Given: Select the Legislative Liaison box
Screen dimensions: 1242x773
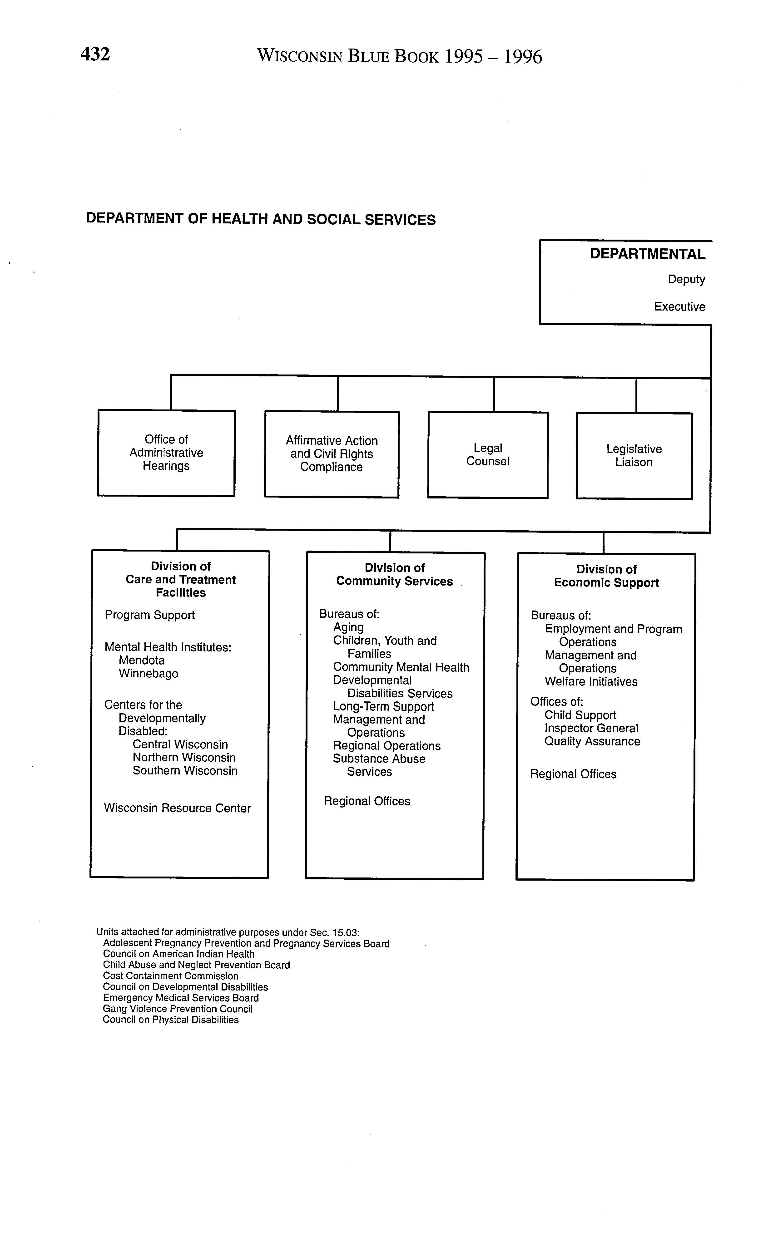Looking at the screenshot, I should pos(634,455).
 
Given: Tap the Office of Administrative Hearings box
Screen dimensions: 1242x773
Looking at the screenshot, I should pos(166,453).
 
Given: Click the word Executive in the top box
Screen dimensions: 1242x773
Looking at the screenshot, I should pos(679,307).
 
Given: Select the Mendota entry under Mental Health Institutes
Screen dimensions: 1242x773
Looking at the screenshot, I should pos(142,660).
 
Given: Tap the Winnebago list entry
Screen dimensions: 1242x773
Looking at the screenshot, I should pos(148,674).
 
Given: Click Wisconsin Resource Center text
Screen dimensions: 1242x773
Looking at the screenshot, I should pos(177,808).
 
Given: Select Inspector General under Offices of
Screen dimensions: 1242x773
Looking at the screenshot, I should pos(591,728).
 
